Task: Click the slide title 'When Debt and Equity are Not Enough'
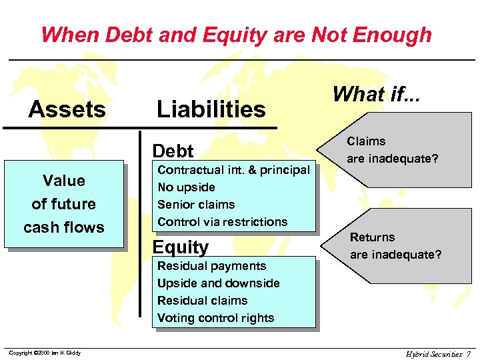click(x=236, y=34)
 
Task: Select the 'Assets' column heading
click(x=67, y=109)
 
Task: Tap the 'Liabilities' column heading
click(x=211, y=109)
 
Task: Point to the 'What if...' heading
click(x=377, y=95)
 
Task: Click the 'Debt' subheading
click(x=173, y=151)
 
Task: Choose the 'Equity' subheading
click(x=181, y=247)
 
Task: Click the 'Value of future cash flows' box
click(x=64, y=204)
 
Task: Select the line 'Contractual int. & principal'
click(x=233, y=170)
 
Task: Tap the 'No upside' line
click(x=186, y=187)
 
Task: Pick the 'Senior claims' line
click(x=196, y=205)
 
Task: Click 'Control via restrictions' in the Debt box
click(x=222, y=222)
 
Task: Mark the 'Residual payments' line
click(x=211, y=266)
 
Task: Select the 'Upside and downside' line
click(x=218, y=283)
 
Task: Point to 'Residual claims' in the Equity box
click(x=202, y=301)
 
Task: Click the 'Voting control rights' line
click(x=215, y=318)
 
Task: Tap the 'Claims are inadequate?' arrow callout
click(x=393, y=150)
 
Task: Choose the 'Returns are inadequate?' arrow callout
click(x=393, y=246)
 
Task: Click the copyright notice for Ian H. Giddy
click(x=44, y=353)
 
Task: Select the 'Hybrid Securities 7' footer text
click(x=439, y=353)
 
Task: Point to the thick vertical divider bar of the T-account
click(x=140, y=227)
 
